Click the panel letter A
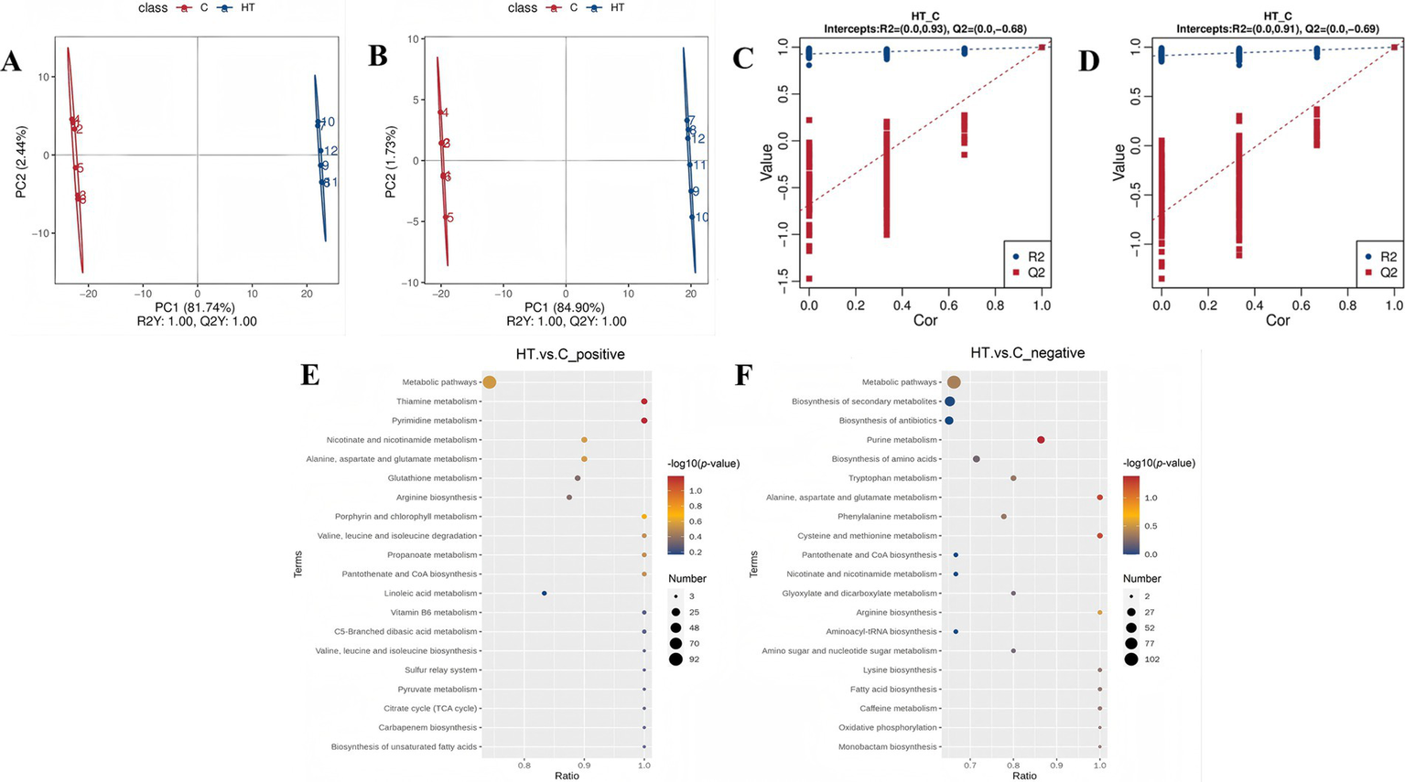[12, 61]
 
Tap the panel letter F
[744, 375]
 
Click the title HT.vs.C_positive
[570, 354]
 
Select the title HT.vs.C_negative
[1027, 353]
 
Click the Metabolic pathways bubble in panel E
[489, 382]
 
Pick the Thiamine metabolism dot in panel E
[644, 402]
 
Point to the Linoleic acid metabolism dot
[545, 594]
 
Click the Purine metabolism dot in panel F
[1041, 440]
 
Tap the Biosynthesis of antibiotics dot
[949, 421]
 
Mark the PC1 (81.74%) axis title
[195, 307]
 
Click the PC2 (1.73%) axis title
[391, 162]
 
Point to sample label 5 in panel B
[450, 219]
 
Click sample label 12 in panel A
[331, 152]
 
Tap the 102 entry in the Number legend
[1151, 659]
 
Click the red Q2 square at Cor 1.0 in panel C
[1042, 48]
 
